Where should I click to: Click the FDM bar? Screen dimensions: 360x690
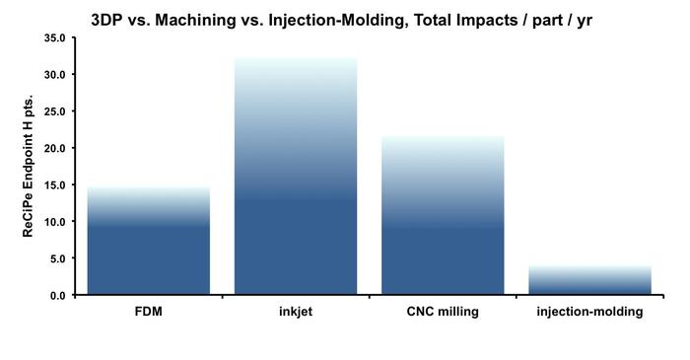tap(148, 241)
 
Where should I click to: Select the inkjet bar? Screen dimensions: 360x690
tap(295, 178)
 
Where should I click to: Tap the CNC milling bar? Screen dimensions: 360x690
tap(443, 216)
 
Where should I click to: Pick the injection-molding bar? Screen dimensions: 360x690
tap(589, 280)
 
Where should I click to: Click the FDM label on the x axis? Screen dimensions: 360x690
tap(148, 312)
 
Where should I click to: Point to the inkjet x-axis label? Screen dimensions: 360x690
tap(295, 312)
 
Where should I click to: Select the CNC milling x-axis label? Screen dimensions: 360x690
tap(443, 312)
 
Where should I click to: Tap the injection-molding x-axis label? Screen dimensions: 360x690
tap(589, 312)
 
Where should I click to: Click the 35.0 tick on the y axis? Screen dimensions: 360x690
tap(54, 38)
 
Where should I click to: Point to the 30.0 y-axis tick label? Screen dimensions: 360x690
tap(54, 75)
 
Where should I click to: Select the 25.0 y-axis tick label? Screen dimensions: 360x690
tap(54, 111)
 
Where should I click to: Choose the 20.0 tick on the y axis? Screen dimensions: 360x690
tap(54, 148)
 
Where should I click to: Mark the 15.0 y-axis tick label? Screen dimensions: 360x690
tap(54, 185)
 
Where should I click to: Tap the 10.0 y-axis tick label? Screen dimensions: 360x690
tap(54, 222)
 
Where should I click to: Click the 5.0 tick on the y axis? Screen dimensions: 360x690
tap(57, 258)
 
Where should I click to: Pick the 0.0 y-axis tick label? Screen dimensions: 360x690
tap(57, 295)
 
